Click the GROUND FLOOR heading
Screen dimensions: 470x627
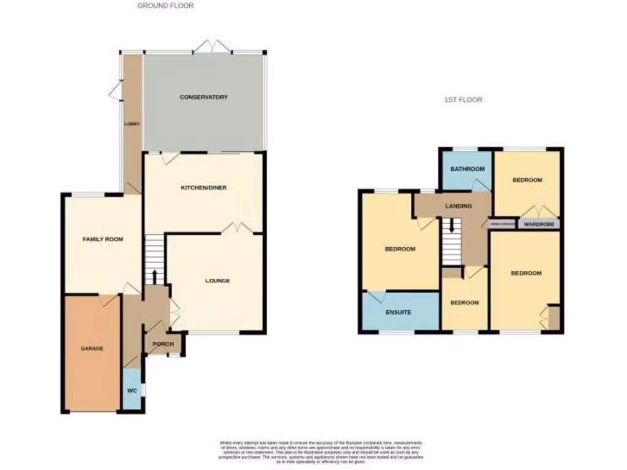165,6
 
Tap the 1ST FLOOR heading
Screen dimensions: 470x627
464,99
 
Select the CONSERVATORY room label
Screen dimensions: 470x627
204,97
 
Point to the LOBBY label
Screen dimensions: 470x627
132,124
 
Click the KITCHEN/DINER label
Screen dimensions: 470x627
204,188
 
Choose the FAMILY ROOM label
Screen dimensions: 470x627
103,239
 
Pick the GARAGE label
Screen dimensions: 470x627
92,348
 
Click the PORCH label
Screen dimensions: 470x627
163,344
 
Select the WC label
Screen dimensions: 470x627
132,390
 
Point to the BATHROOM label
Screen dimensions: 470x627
468,170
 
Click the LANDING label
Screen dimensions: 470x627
459,206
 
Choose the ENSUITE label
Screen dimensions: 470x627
398,313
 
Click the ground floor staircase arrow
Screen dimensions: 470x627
155,276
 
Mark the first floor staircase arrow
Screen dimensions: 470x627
452,225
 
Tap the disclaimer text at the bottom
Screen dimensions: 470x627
321,451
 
